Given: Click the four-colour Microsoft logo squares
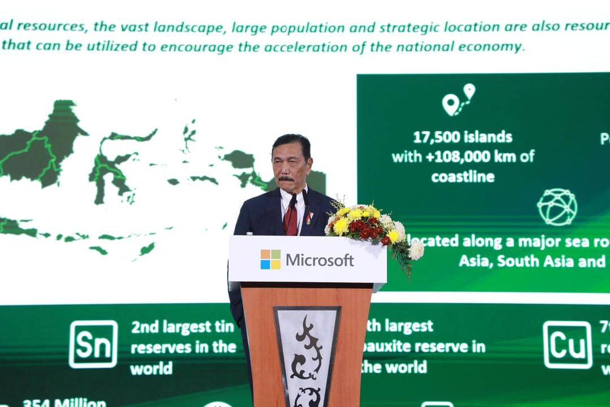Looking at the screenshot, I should tap(271, 259).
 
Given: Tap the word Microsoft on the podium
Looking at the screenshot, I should tap(320, 260).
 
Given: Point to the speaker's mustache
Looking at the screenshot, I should tap(286, 179).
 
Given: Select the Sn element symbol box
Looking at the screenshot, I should tap(93, 344).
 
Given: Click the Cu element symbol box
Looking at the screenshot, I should tap(567, 344).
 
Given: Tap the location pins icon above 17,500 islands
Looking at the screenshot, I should tap(458, 101).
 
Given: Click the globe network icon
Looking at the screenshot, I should tap(557, 207).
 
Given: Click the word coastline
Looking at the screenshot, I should tap(463, 176).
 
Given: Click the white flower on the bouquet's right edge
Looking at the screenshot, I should tap(416, 250).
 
